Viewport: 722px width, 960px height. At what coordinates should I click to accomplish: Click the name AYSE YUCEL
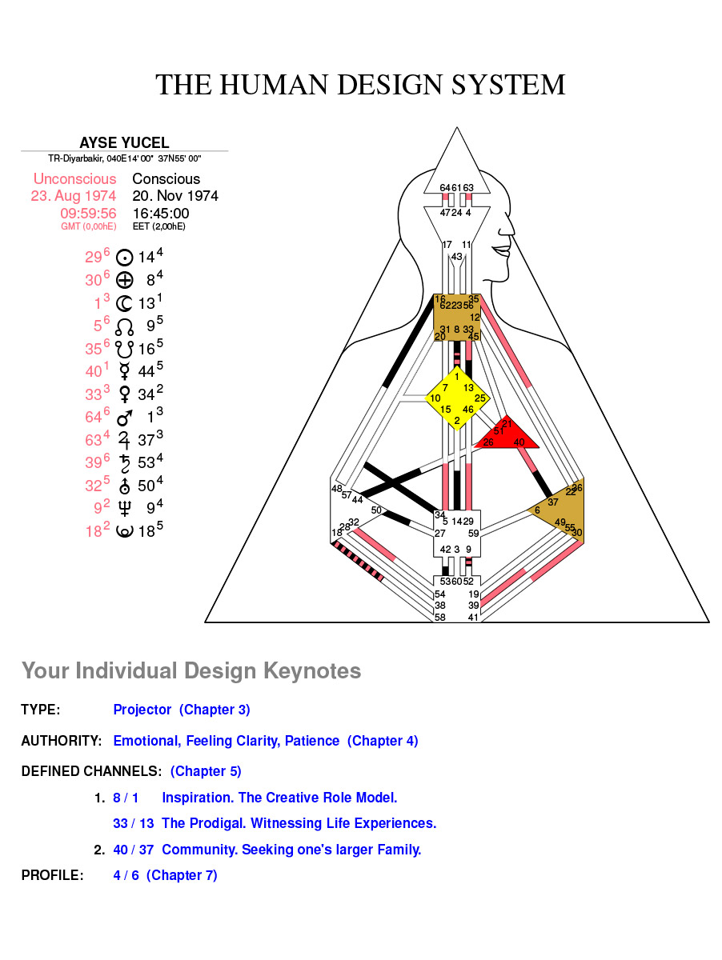click(124, 143)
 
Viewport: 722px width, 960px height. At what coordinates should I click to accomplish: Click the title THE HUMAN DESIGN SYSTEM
click(360, 85)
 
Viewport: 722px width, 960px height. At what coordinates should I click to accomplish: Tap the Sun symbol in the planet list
click(124, 258)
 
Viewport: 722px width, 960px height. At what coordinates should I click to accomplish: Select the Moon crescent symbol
click(124, 302)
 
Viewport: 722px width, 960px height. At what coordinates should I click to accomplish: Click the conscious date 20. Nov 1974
click(175, 196)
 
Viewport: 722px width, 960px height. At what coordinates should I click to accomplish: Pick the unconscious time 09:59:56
click(88, 214)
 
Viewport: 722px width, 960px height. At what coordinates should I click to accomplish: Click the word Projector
click(142, 710)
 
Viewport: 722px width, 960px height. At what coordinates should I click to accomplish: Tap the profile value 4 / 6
click(126, 875)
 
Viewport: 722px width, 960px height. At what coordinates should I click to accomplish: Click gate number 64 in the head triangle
click(445, 188)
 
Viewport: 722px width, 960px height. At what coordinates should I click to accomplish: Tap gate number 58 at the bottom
click(439, 618)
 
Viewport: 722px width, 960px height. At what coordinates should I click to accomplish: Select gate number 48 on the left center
click(336, 488)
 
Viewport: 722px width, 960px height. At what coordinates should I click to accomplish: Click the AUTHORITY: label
click(61, 741)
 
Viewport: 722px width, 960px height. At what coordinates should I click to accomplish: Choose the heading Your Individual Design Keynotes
click(191, 670)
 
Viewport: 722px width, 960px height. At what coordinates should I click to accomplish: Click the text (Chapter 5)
click(206, 771)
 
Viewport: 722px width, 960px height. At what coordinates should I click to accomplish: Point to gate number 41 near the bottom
click(474, 618)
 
